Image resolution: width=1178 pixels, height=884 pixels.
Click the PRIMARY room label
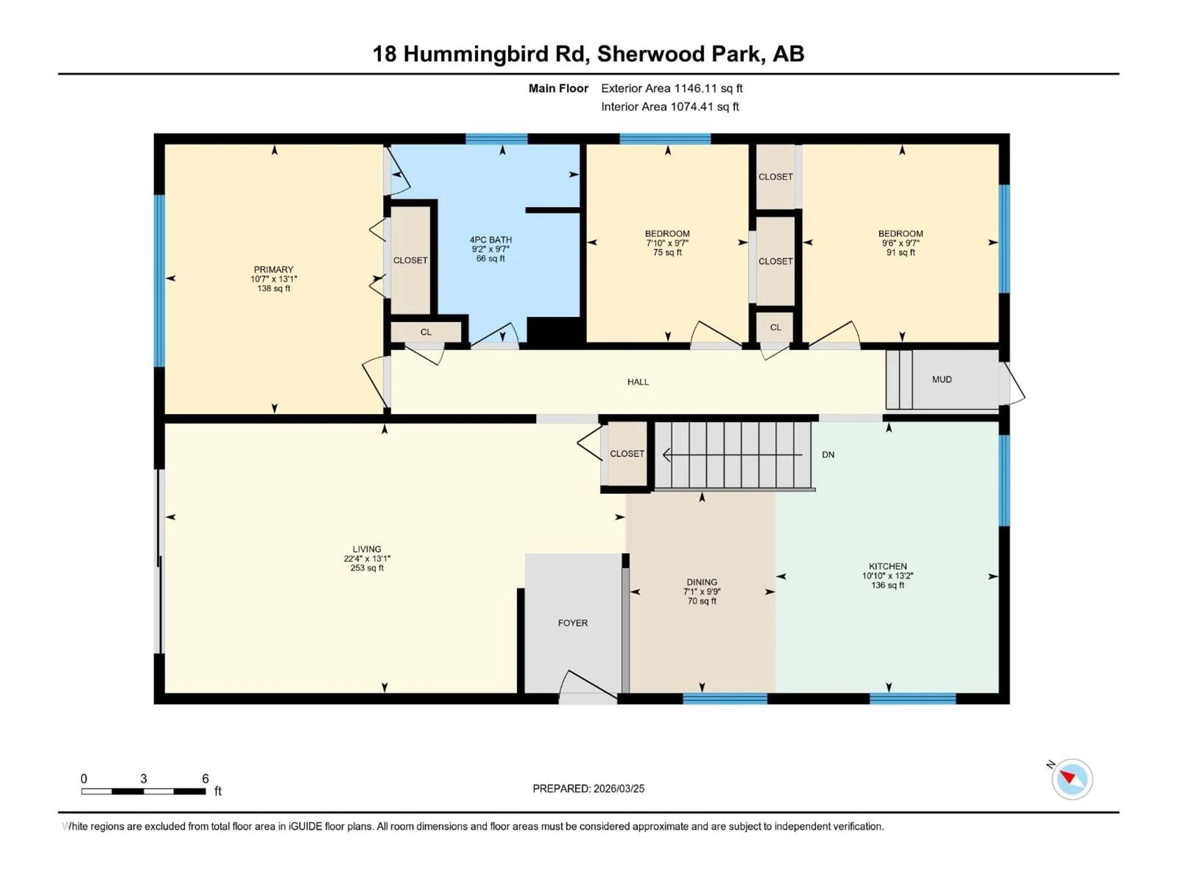(273, 269)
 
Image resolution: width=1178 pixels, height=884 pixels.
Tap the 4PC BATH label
(491, 240)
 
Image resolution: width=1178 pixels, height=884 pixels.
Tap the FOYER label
(572, 623)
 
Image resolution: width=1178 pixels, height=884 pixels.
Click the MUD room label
(941, 379)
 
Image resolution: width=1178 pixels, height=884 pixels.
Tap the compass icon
(1072, 779)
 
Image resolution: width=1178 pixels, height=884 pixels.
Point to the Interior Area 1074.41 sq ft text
(670, 107)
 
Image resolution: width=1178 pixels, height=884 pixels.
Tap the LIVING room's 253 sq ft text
(367, 568)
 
